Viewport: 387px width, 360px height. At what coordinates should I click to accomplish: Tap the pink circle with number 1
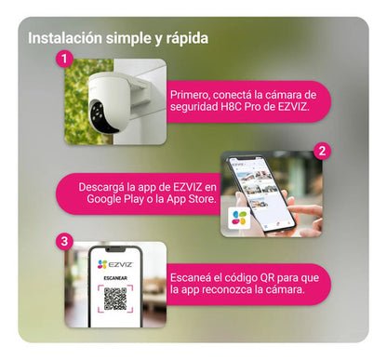tap(63, 59)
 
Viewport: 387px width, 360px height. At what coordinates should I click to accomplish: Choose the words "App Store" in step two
tap(191, 198)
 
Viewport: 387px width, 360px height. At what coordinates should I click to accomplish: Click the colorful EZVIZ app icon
tap(244, 220)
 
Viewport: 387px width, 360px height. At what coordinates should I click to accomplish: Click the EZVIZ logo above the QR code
tap(114, 264)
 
